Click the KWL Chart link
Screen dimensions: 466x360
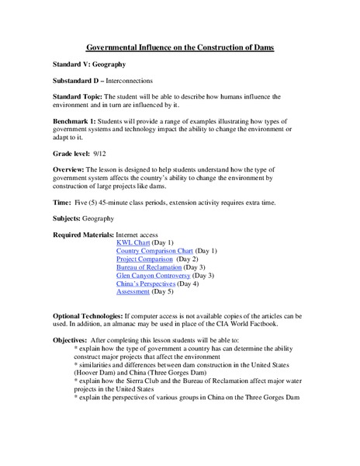[x=133, y=242]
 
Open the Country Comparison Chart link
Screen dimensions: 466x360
[x=154, y=251]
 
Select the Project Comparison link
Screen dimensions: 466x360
[x=144, y=259]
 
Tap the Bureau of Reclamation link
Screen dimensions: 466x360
[x=148, y=267]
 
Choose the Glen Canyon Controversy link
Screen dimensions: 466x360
[x=153, y=276]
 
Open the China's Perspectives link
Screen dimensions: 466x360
[x=145, y=283]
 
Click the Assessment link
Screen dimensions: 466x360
[x=133, y=292]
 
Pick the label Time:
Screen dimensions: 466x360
[x=61, y=203]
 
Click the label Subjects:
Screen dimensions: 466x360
[x=68, y=219]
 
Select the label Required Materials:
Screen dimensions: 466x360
[x=83, y=235]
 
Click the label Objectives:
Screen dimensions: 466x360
[x=70, y=340]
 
